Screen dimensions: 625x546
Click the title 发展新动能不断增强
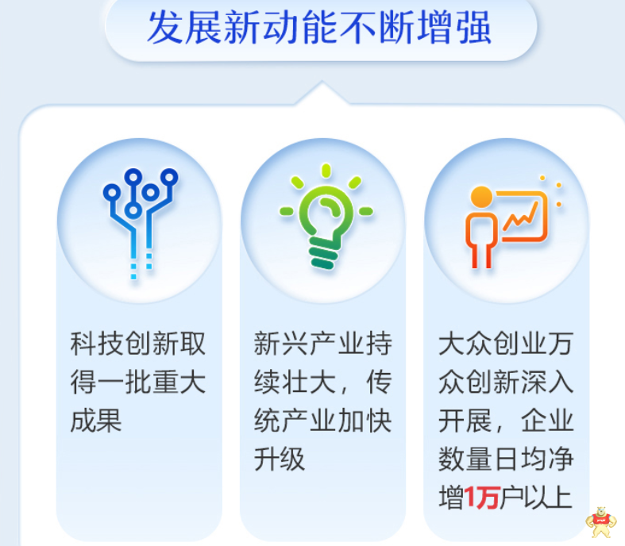click(x=319, y=28)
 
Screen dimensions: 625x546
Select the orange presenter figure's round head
click(x=481, y=197)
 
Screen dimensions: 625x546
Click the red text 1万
click(x=481, y=497)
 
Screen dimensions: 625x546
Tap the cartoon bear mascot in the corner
click(x=601, y=522)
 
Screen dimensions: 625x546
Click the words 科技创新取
click(x=138, y=344)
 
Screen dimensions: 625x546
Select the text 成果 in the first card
click(x=96, y=421)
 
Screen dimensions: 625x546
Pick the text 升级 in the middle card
click(x=280, y=459)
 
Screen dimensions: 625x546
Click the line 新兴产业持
click(x=323, y=344)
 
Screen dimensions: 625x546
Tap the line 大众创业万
click(x=506, y=344)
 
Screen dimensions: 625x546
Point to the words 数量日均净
click(x=506, y=459)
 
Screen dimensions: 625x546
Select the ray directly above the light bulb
click(x=326, y=171)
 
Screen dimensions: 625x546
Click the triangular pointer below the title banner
click(x=322, y=93)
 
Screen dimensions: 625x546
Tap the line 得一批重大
click(x=138, y=382)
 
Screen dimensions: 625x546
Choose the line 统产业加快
click(x=323, y=421)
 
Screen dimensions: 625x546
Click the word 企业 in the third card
click(x=548, y=421)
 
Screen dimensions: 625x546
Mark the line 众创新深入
click(x=506, y=382)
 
